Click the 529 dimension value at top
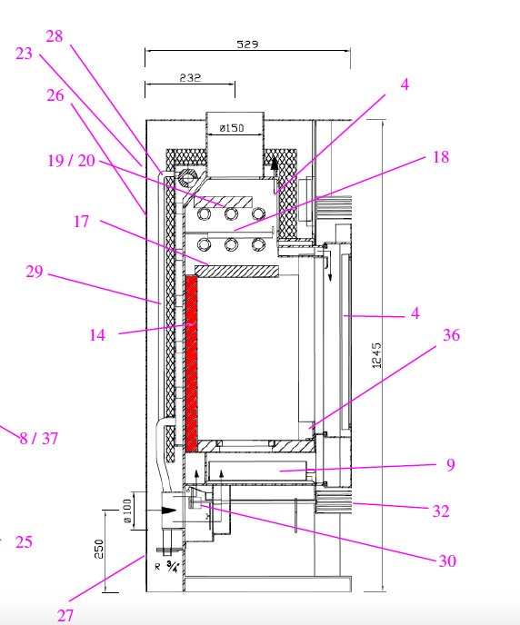pos(247,44)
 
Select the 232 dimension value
pos(190,77)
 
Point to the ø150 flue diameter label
pos(232,128)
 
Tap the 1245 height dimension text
pos(377,355)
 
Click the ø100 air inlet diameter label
pos(127,511)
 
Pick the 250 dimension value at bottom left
pos(99,549)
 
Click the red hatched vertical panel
pos(192,364)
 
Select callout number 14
pos(97,335)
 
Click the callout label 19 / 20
pos(72,161)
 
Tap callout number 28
pos(55,36)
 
